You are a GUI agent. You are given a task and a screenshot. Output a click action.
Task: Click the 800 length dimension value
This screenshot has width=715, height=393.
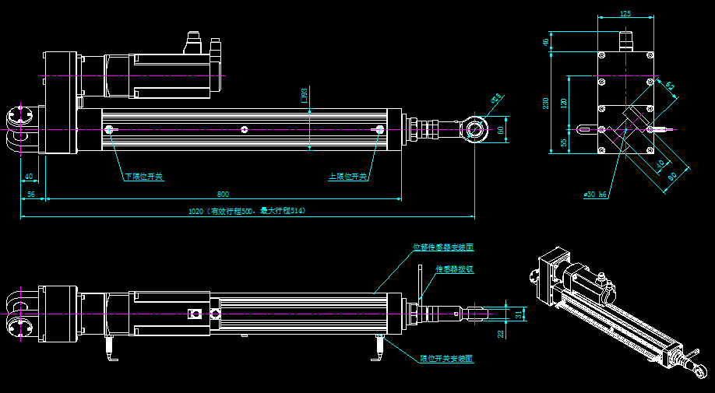223,194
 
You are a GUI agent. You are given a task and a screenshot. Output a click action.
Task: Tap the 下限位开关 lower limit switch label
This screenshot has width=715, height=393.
144,177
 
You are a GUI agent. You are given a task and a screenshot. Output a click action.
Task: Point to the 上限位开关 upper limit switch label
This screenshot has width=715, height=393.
348,177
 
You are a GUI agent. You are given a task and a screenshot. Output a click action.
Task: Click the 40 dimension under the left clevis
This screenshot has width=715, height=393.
29,177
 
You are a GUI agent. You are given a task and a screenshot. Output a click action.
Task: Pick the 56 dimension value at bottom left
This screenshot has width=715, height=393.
31,194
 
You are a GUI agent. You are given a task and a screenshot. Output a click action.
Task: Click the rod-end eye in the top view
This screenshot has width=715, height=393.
476,127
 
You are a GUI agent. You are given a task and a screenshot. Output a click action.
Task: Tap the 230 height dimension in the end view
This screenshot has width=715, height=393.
546,103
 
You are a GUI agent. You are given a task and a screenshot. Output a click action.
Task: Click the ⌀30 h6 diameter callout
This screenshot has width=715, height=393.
595,195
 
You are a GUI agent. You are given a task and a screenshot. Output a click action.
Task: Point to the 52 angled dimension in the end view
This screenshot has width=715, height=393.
670,86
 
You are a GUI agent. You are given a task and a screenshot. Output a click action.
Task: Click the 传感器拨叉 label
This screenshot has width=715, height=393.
454,268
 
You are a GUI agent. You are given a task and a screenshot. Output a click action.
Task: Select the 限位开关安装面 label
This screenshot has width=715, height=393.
446,360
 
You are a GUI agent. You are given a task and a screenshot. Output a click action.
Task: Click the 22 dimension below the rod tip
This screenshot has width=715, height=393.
502,333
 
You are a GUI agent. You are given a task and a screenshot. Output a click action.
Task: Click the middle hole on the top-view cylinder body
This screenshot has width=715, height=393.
245,129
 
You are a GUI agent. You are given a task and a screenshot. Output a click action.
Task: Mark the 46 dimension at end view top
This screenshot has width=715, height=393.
546,43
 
